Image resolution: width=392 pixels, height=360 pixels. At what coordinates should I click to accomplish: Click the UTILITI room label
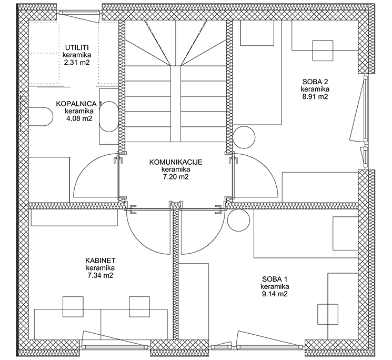[77, 47]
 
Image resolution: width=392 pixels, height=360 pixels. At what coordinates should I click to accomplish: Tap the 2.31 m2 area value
[77, 63]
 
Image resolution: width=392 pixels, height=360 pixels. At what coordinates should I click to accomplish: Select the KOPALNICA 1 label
[79, 104]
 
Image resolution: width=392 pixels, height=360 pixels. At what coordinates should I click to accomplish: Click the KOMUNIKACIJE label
[176, 162]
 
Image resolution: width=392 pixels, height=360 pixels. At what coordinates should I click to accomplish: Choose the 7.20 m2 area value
[176, 177]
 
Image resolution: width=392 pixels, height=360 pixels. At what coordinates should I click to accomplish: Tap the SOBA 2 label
[315, 82]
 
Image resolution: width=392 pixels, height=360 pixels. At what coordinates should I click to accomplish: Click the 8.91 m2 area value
[315, 96]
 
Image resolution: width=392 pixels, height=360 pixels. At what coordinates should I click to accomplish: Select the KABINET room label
[100, 261]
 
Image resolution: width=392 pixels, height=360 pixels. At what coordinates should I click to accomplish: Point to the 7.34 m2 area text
[100, 275]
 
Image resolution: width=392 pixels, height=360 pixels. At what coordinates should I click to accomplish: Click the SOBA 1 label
[275, 279]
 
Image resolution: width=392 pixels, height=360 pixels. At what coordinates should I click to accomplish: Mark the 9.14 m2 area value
[275, 294]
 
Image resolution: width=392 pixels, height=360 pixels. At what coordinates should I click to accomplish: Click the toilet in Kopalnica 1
[41, 117]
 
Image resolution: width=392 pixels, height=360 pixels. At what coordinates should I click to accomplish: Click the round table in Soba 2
[244, 137]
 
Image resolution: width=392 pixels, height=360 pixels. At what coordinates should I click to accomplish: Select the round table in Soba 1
[238, 220]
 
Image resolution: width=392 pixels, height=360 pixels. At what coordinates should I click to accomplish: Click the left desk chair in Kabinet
[73, 306]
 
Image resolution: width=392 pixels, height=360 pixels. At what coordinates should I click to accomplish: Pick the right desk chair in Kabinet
[139, 306]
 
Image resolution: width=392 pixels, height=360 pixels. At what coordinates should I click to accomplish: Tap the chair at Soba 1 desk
[328, 314]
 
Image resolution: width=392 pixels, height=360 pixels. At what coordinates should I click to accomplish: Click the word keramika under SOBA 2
[315, 89]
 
